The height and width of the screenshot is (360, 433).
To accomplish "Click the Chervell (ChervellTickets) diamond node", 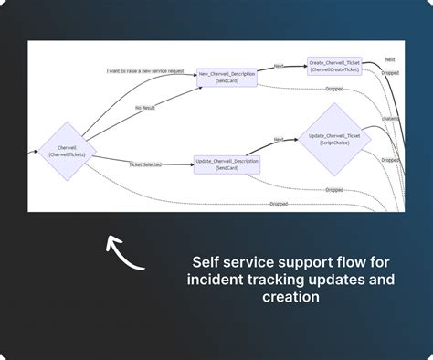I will [66, 150].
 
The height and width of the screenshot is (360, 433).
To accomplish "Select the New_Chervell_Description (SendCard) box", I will [227, 79].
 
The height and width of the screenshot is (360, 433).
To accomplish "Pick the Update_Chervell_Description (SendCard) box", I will [227, 164].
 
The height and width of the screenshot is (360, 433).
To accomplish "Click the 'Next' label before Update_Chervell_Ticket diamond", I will [278, 140].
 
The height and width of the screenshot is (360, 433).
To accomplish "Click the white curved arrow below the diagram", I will [125, 254].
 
